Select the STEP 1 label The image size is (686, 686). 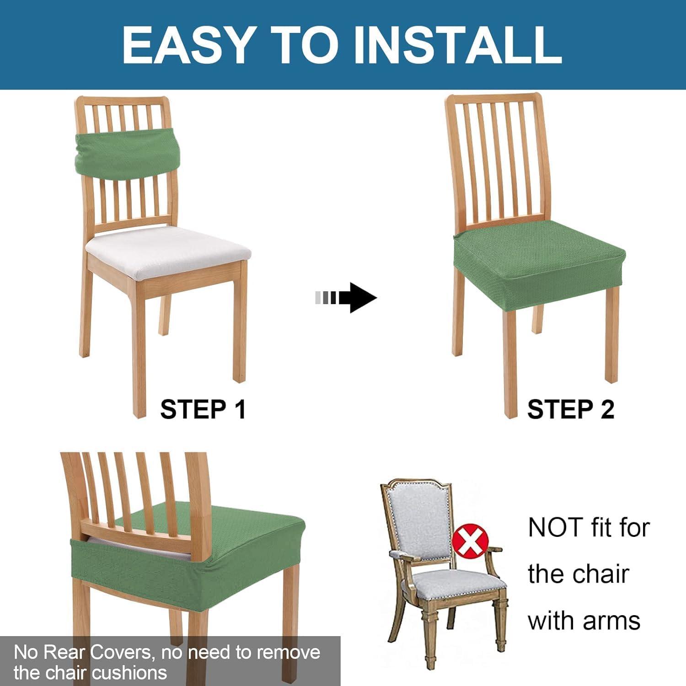pos(203,409)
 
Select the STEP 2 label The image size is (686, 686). pos(571,409)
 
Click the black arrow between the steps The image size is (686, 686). pos(346,298)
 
